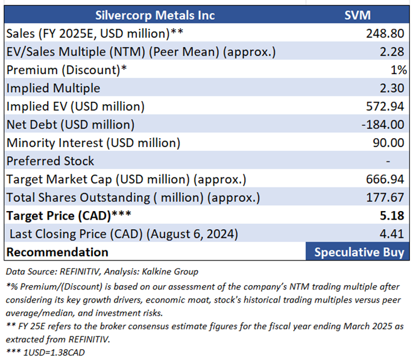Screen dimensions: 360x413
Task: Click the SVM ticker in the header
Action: pos(358,14)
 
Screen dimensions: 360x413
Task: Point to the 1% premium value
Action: pos(399,69)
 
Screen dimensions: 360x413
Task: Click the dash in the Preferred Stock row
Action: pos(388,162)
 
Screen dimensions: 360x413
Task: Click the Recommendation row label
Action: pos(57,252)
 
